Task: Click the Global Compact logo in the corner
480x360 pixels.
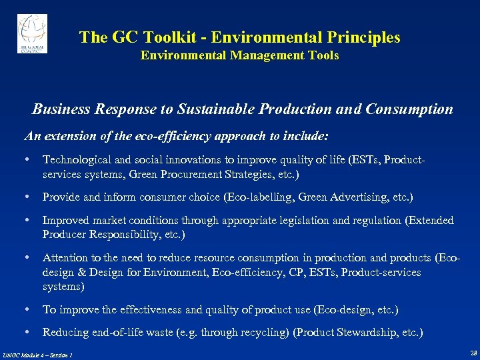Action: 32,33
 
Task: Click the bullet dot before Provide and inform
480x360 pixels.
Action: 27,197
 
